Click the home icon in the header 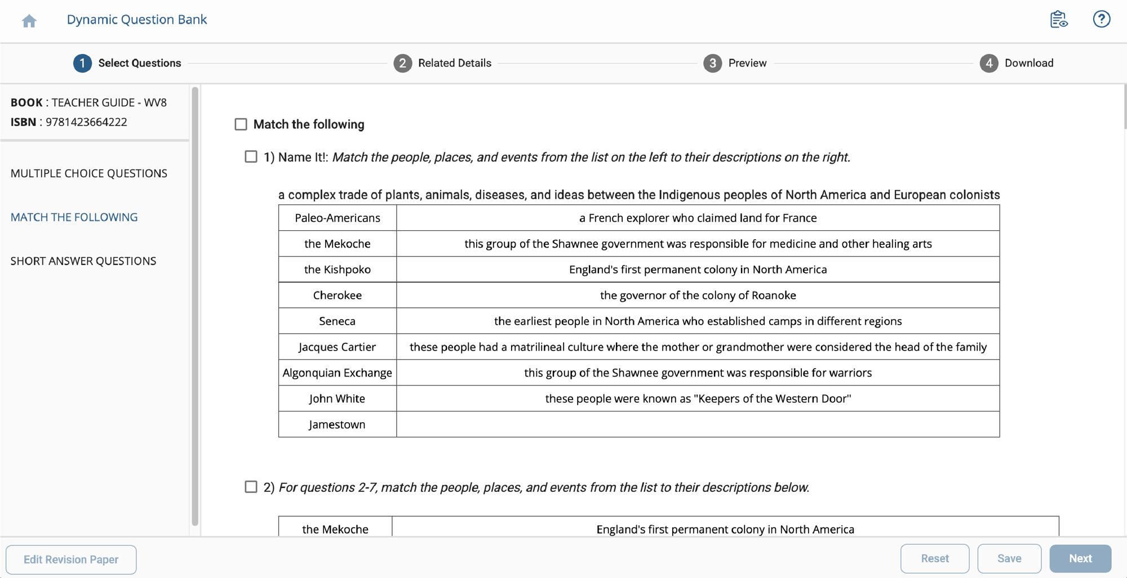pyautogui.click(x=29, y=21)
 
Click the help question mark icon pyautogui.click(x=1101, y=19)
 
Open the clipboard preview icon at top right pyautogui.click(x=1058, y=19)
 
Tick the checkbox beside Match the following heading pyautogui.click(x=241, y=124)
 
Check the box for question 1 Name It pyautogui.click(x=251, y=157)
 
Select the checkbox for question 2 pyautogui.click(x=251, y=487)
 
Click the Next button pyautogui.click(x=1080, y=558)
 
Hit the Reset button pyautogui.click(x=934, y=558)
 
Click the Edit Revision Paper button pyautogui.click(x=71, y=559)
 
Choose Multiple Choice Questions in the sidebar pyautogui.click(x=89, y=173)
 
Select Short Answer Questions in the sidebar pyautogui.click(x=83, y=261)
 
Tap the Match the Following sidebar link pyautogui.click(x=74, y=217)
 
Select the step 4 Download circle pyautogui.click(x=988, y=63)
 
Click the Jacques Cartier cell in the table pyautogui.click(x=337, y=347)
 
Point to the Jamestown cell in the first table pyautogui.click(x=337, y=424)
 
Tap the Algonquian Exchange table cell pyautogui.click(x=337, y=373)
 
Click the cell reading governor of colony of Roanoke pyautogui.click(x=698, y=295)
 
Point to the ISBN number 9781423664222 pyautogui.click(x=86, y=122)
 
